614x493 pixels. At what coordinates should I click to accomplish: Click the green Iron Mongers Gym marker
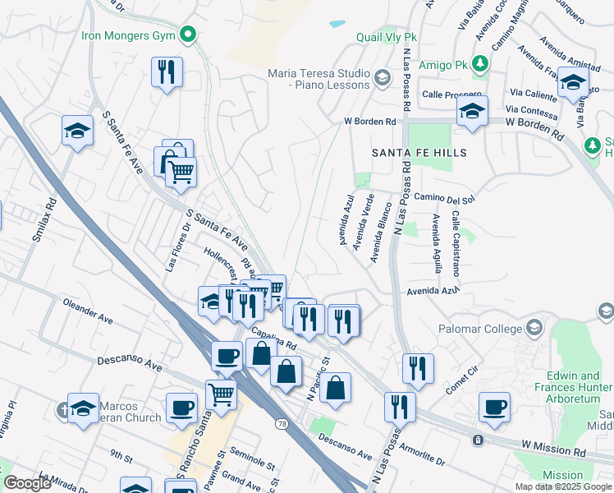188,35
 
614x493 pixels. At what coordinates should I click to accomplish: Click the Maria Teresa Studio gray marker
381,79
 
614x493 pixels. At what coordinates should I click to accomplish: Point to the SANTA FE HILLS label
419,153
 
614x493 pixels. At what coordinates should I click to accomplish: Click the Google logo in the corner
27,483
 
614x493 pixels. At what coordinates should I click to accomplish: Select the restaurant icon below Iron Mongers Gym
167,72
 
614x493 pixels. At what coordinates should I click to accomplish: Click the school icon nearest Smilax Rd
77,131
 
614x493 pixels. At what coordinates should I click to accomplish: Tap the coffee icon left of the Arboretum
495,407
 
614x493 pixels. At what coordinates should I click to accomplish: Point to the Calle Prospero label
449,94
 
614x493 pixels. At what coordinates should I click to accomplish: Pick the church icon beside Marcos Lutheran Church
62,408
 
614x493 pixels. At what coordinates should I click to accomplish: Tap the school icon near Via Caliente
572,82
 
